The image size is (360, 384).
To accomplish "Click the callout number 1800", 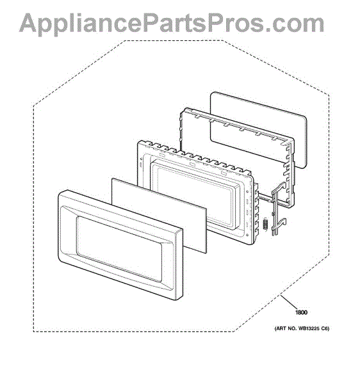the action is coord(301,312).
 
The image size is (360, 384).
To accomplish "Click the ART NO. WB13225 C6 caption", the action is coord(302,329).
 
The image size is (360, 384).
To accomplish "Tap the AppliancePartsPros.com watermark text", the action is coord(172,24).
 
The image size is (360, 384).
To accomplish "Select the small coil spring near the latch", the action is coord(265,224).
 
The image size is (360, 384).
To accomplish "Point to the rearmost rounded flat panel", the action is coord(258,129).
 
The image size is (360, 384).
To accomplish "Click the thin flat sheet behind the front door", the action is coord(159,216).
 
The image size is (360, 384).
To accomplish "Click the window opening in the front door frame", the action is coord(119,248).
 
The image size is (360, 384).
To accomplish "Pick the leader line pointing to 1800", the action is coord(291,302).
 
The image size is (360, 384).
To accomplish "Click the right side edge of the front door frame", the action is coord(179,264).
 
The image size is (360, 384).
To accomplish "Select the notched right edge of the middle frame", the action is coord(256,211).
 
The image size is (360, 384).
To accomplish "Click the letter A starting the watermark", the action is coord(30,23).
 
